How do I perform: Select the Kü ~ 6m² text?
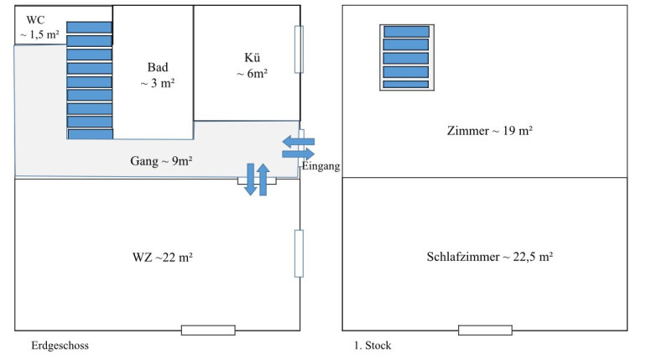[x=251, y=66]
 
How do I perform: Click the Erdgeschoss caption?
[x=60, y=345]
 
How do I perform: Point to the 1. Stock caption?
[x=373, y=345]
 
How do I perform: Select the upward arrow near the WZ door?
[x=263, y=179]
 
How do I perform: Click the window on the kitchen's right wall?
[x=299, y=50]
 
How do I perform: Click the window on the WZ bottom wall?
[x=208, y=330]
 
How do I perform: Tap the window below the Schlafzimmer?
[x=485, y=330]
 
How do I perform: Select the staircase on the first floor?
[x=405, y=55]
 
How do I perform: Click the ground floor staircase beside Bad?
[x=89, y=79]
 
